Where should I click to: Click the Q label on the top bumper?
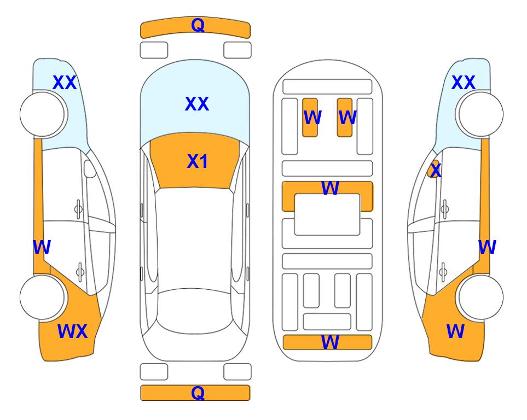(x=198, y=25)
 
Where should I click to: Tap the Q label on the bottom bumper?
(x=198, y=393)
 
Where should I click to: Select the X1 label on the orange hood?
(x=198, y=161)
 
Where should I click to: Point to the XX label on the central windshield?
(x=197, y=103)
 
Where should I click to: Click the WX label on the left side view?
(x=73, y=331)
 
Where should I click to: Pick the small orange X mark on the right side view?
(x=434, y=170)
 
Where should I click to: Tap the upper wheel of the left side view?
(x=42, y=114)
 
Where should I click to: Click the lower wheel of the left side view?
(x=42, y=297)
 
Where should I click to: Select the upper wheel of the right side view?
(x=480, y=114)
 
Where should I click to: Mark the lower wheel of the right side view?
(x=480, y=297)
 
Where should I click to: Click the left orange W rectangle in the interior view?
(x=310, y=118)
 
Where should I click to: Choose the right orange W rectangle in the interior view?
(x=345, y=118)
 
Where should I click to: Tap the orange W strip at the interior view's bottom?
(x=327, y=342)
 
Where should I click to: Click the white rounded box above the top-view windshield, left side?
(x=154, y=50)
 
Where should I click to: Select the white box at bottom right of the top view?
(x=238, y=372)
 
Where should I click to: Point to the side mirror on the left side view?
(x=89, y=168)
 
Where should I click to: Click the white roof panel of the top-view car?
(x=194, y=239)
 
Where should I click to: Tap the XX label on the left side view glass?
(x=65, y=83)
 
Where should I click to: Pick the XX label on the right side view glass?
(x=463, y=83)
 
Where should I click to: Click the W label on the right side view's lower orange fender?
(x=455, y=331)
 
